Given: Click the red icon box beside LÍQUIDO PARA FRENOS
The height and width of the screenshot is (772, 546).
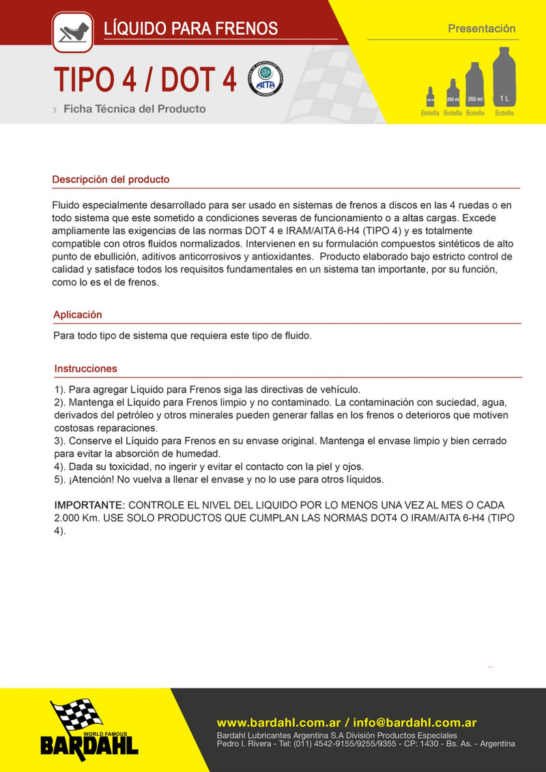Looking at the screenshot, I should pyautogui.click(x=72, y=31).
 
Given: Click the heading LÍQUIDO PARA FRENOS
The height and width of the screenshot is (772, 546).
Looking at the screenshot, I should pyautogui.click(x=190, y=29).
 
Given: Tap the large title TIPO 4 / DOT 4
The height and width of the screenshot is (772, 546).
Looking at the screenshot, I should pyautogui.click(x=145, y=81).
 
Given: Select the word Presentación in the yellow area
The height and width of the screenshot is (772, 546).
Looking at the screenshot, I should pyautogui.click(x=481, y=29).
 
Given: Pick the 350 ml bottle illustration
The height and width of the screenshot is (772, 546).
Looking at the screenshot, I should pyautogui.click(x=475, y=85).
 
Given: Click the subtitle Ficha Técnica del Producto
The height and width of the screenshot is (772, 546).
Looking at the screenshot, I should pyautogui.click(x=134, y=109).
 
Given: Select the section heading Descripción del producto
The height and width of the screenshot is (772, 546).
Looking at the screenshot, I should pyautogui.click(x=111, y=180).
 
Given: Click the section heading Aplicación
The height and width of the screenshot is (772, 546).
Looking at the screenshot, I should pyautogui.click(x=77, y=315).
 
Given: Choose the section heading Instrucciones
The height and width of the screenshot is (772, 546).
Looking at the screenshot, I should pyautogui.click(x=85, y=369).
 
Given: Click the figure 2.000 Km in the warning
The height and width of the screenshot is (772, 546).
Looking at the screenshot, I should pyautogui.click(x=76, y=518).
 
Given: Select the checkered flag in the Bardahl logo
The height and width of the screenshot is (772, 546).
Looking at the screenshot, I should pyautogui.click(x=76, y=716).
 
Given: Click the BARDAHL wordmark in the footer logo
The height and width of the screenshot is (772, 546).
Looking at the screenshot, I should pyautogui.click(x=89, y=745).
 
